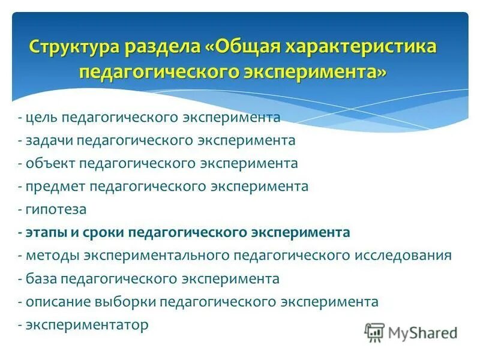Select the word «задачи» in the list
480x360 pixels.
tap(48, 140)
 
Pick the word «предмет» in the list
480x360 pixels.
tap(55, 187)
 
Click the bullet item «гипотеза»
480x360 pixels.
tap(56, 210)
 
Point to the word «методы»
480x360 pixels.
tap(51, 256)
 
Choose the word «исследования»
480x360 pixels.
tap(403, 256)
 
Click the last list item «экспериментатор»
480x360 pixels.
tap(86, 325)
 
